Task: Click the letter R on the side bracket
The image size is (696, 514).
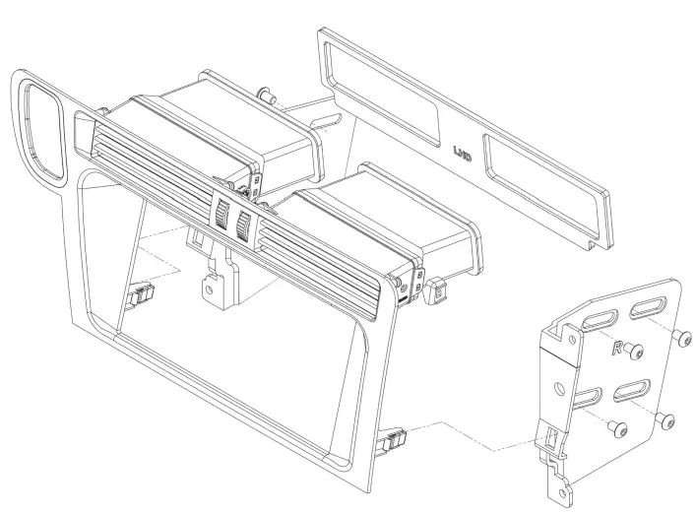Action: (x=617, y=348)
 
